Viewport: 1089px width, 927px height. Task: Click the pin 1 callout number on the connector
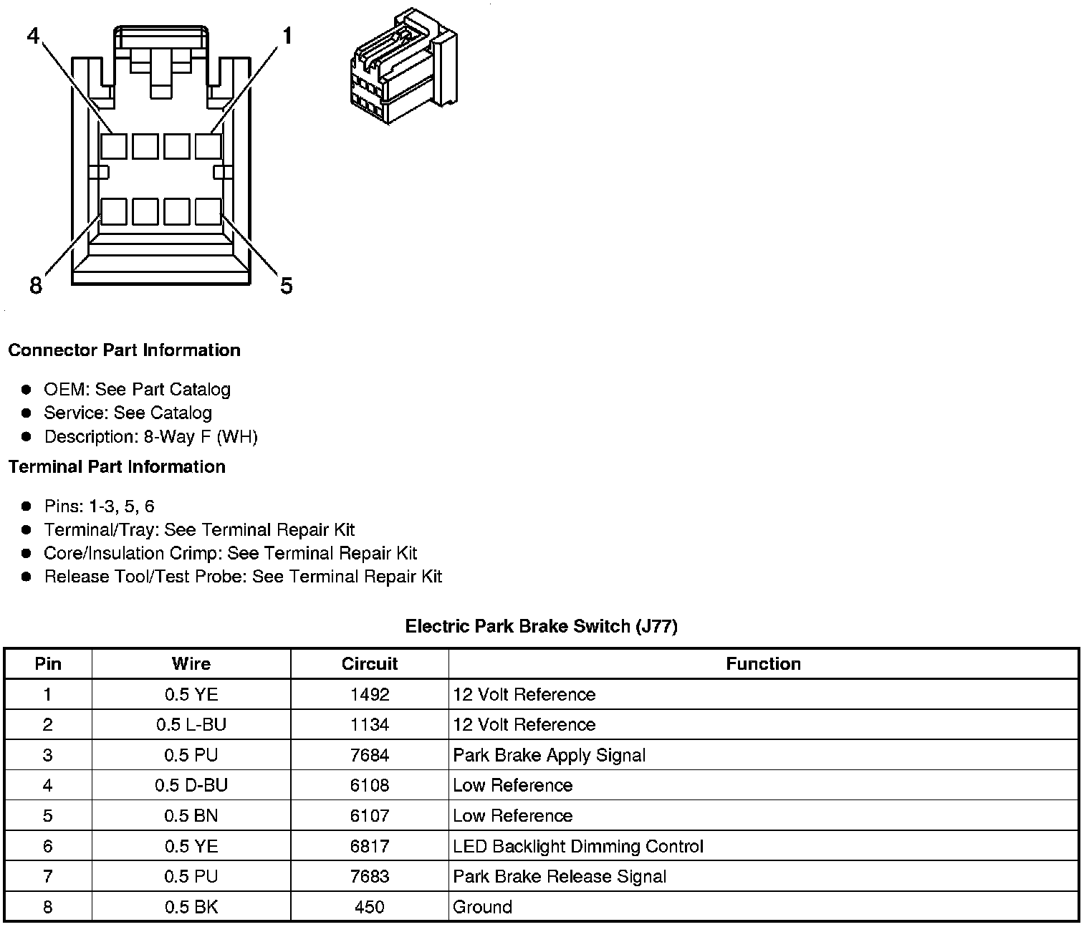pyautogui.click(x=287, y=35)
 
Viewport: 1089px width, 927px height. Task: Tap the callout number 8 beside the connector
pyautogui.click(x=36, y=286)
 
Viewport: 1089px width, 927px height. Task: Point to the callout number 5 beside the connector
pyautogui.click(x=287, y=286)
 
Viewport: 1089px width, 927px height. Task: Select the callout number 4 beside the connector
pyautogui.click(x=34, y=35)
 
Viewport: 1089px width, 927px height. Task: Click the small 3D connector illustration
pyautogui.click(x=403, y=66)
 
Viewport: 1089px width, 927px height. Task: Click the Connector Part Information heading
pyautogui.click(x=124, y=350)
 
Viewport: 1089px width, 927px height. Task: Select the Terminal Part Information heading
pyautogui.click(x=117, y=467)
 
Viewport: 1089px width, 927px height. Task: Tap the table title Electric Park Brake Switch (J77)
pyautogui.click(x=541, y=626)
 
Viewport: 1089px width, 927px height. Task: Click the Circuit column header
pyautogui.click(x=370, y=664)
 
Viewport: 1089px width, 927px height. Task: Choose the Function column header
pyautogui.click(x=763, y=664)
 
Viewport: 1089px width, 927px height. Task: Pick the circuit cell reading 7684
pyautogui.click(x=370, y=755)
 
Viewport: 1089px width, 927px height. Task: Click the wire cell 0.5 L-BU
pyautogui.click(x=191, y=725)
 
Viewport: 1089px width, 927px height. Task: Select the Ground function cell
pyautogui.click(x=482, y=907)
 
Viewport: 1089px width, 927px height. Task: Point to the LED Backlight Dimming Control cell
pyautogui.click(x=577, y=846)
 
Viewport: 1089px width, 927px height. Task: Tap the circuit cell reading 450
pyautogui.click(x=370, y=907)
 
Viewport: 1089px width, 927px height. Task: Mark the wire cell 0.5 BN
pyautogui.click(x=191, y=816)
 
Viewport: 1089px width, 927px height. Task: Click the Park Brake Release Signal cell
pyautogui.click(x=559, y=877)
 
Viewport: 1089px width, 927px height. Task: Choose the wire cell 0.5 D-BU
pyautogui.click(x=191, y=785)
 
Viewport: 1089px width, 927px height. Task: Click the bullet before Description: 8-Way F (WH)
pyautogui.click(x=27, y=436)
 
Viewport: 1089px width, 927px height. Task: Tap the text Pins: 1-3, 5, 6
pyautogui.click(x=99, y=506)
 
